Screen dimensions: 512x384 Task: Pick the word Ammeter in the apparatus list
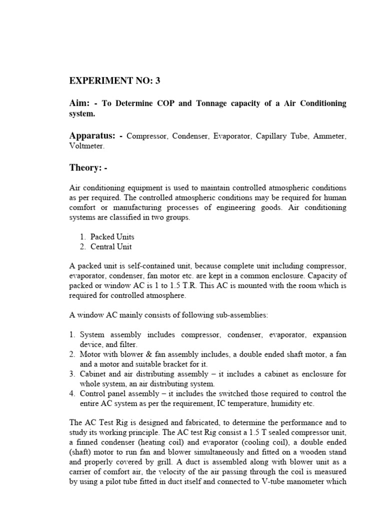(328, 136)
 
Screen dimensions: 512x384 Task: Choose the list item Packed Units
(112, 236)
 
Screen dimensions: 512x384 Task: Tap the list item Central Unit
(111, 246)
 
